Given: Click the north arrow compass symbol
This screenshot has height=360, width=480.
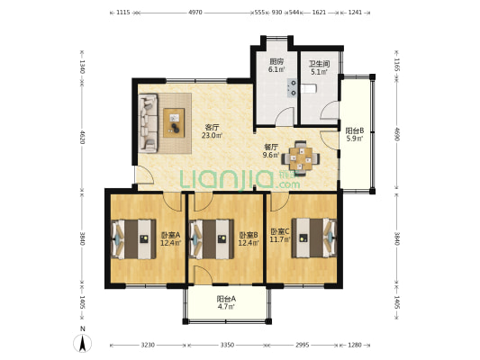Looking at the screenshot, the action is coord(82,343).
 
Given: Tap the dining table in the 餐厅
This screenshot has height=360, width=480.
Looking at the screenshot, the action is coord(301,158).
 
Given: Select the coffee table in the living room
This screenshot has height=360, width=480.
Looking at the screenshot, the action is coord(174,122).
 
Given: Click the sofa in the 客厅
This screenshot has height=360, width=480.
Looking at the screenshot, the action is coord(149,123).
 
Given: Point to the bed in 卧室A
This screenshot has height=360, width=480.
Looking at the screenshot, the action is coord(133,238).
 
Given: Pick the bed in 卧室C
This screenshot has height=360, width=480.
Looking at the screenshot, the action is coord(313,238).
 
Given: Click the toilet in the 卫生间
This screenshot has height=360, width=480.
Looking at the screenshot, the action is coord(308,89).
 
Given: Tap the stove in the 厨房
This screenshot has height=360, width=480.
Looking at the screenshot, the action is coord(293,87).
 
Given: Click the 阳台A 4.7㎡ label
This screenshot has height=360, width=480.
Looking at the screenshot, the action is coord(226,302).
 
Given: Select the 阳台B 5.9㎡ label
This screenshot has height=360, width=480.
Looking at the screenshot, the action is coord(355,135).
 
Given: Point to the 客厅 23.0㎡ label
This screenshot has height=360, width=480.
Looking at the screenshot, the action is coord(212,131).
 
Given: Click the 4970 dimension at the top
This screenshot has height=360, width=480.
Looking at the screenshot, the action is coord(195,13).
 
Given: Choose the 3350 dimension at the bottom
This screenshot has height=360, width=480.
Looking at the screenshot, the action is coord(227,346).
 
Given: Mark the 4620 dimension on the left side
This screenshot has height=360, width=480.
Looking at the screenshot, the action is coord(82,138).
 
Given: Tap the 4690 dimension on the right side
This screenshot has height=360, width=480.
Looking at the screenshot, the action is coord(397,135).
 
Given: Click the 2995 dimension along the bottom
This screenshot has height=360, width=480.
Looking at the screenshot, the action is coord(303,346).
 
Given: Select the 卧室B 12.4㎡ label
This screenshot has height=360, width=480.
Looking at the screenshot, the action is coord(249,238).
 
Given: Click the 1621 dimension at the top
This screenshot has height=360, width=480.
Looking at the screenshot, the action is coord(319,13).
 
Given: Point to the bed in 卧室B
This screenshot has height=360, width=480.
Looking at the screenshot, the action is coord(212,238).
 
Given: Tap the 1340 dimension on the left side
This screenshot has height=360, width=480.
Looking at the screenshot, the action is coord(82,67).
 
